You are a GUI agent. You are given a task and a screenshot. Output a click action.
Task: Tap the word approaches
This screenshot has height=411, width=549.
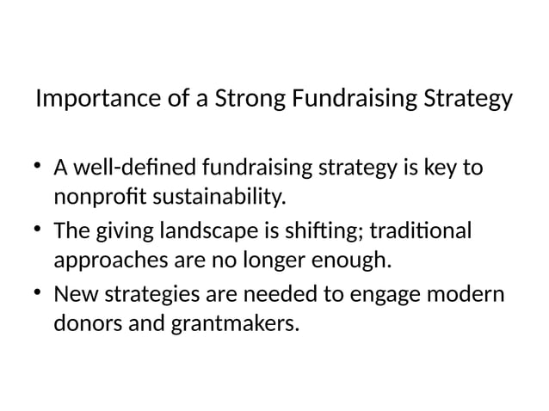(x=108, y=264)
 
